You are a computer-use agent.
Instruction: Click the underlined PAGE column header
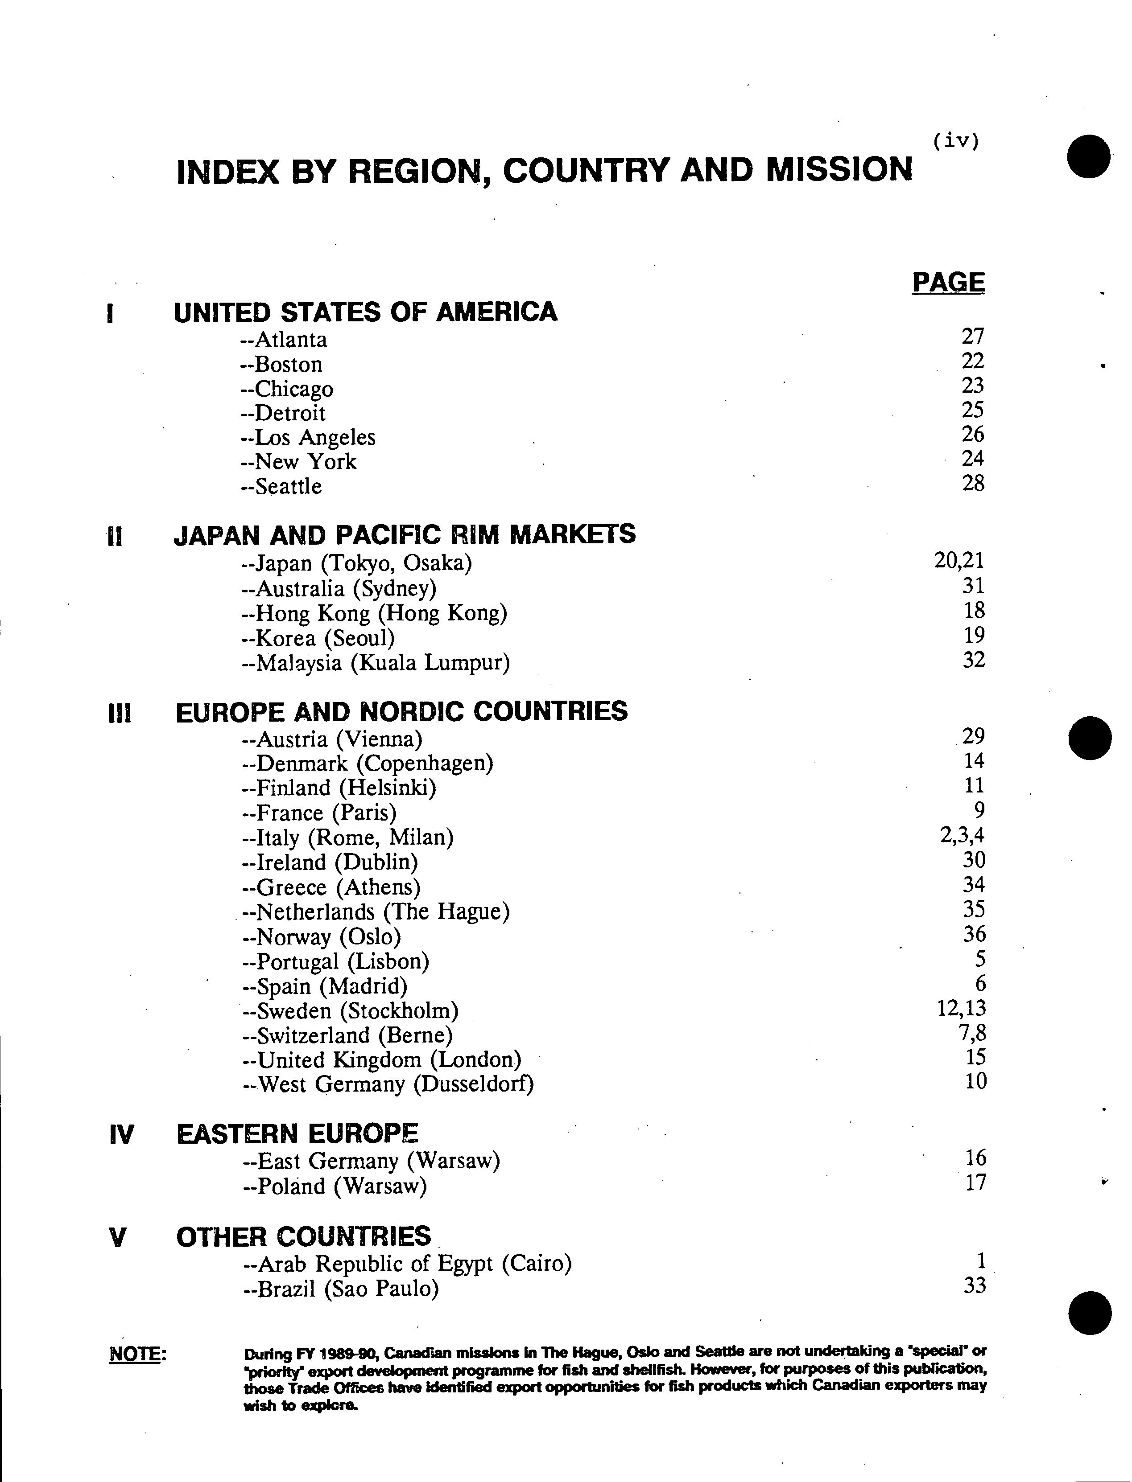tap(948, 282)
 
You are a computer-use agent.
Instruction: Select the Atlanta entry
tap(284, 339)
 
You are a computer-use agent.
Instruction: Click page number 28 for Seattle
tap(973, 483)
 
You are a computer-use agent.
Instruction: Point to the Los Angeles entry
tap(308, 438)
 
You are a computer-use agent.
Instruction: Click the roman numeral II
tap(115, 537)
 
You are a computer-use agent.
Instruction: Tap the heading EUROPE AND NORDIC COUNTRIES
tap(401, 712)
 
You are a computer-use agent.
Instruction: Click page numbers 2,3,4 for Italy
tap(962, 836)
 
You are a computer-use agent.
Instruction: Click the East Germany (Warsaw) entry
tap(371, 1161)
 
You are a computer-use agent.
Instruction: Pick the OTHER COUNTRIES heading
tap(303, 1237)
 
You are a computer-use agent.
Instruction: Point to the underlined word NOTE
tap(137, 1353)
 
